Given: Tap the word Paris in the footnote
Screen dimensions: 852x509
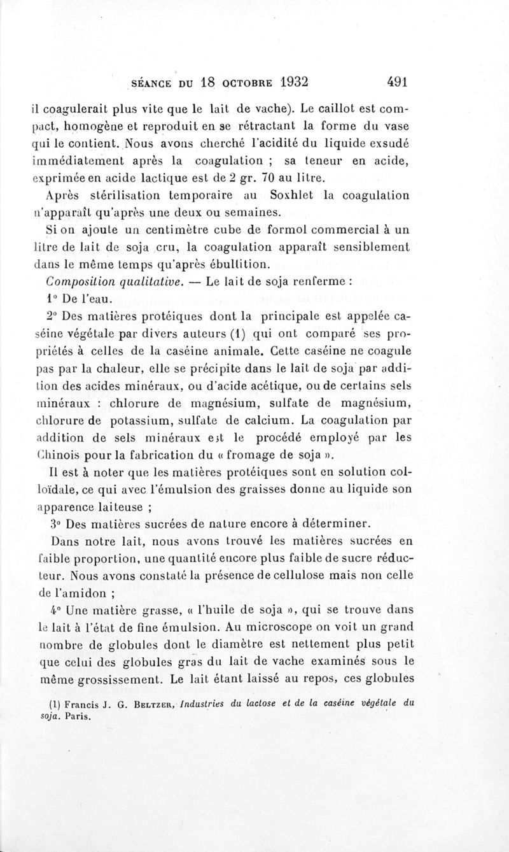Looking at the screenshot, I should point(79,714).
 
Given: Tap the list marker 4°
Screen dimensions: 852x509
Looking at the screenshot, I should point(53,610).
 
